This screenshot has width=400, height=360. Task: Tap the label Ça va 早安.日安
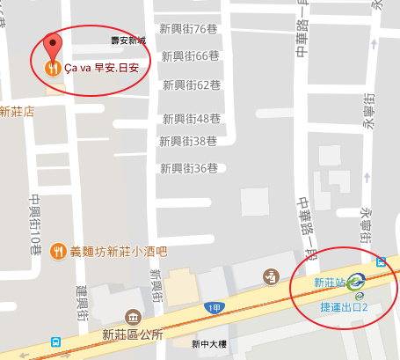click(101, 67)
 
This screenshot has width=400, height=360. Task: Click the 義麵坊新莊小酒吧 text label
click(116, 251)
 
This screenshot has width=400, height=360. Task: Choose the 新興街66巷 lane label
click(190, 56)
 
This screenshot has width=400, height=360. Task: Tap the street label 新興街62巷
click(190, 85)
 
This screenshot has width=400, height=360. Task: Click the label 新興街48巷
click(190, 118)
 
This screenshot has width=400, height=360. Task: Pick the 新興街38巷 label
click(187, 141)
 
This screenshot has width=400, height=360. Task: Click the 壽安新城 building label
click(127, 40)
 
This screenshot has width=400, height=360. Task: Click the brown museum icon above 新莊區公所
click(132, 316)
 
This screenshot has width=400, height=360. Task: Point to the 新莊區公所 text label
click(132, 334)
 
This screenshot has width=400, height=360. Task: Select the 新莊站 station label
click(329, 283)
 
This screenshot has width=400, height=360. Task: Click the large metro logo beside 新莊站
click(356, 283)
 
